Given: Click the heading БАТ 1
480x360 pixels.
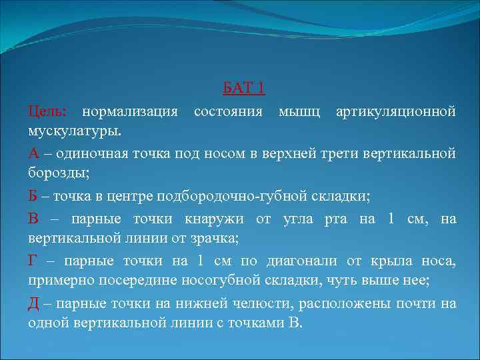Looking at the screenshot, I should (x=243, y=89).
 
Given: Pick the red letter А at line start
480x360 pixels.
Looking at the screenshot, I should (x=34, y=153).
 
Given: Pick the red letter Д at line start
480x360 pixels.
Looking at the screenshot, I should (x=34, y=305).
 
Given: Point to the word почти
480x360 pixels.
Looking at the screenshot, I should (x=421, y=305).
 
